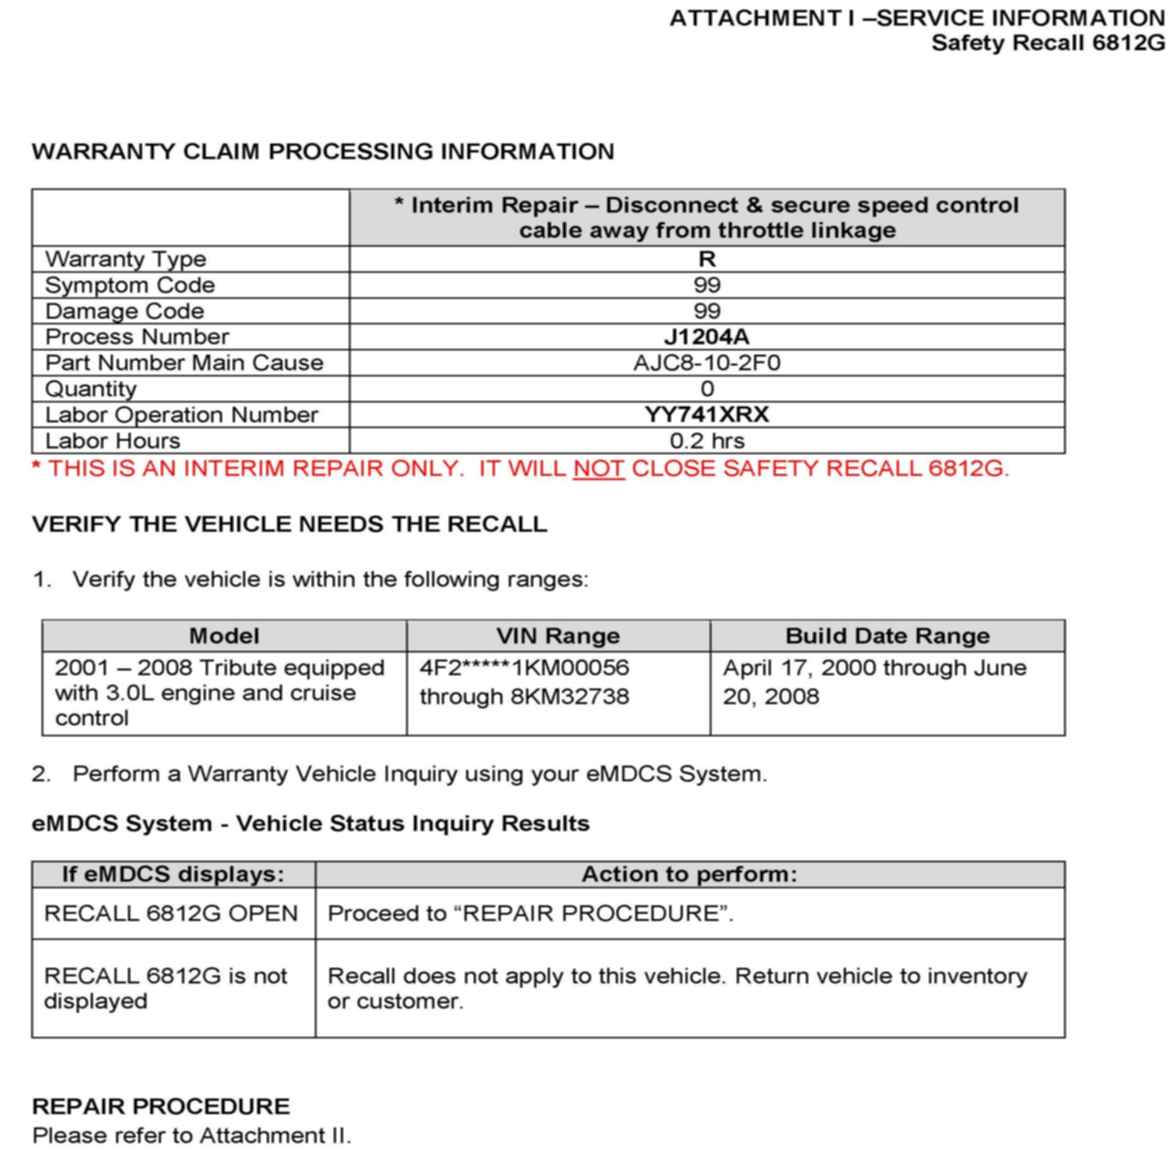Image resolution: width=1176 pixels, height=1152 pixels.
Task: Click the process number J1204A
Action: pyautogui.click(x=707, y=336)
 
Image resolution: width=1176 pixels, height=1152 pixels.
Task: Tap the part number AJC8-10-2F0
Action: pyautogui.click(x=707, y=362)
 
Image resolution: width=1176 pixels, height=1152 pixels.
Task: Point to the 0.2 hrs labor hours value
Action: pyautogui.click(x=707, y=441)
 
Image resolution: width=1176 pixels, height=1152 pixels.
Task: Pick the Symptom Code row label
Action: pyautogui.click(x=130, y=285)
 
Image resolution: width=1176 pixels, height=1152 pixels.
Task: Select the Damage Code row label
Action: pyautogui.click(x=125, y=311)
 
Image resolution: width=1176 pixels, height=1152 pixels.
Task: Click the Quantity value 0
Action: pyautogui.click(x=707, y=388)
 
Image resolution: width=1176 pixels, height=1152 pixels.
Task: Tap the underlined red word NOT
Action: pyautogui.click(x=598, y=468)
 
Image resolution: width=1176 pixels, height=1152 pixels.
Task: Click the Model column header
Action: pyautogui.click(x=224, y=636)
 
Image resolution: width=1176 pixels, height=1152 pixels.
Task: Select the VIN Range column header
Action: pyautogui.click(x=558, y=636)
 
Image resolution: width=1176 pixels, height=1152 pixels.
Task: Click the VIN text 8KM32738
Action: pyautogui.click(x=569, y=696)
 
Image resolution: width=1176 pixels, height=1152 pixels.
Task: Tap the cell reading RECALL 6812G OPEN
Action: pyautogui.click(x=171, y=913)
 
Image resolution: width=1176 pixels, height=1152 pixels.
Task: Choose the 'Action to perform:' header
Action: pyautogui.click(x=689, y=874)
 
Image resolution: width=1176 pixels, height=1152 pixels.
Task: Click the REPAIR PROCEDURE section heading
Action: pyautogui.click(x=161, y=1106)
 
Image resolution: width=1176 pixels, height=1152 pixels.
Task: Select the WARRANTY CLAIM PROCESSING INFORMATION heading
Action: pyautogui.click(x=323, y=151)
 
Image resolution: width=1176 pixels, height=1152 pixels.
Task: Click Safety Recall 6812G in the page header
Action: pyautogui.click(x=1047, y=43)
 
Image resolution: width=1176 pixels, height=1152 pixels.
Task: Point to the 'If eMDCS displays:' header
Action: pyautogui.click(x=173, y=874)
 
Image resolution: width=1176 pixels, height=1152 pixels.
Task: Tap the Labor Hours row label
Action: pyautogui.click(x=112, y=441)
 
